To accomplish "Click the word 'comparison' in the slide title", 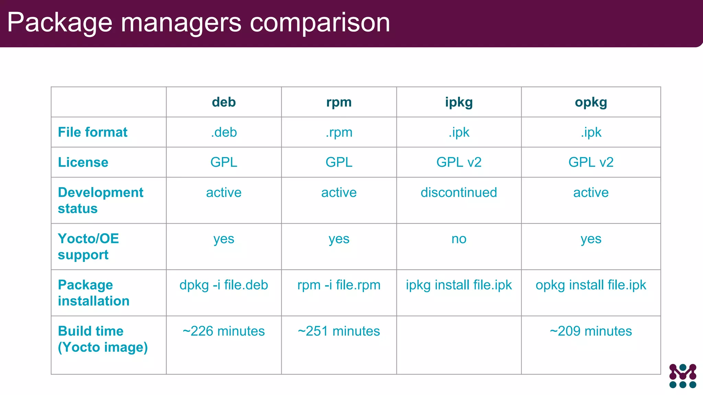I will [x=320, y=23].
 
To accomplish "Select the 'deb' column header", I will [x=224, y=102].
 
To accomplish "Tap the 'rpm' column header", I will [x=339, y=102].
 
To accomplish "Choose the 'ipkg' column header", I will [x=459, y=102].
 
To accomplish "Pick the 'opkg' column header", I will [x=591, y=102].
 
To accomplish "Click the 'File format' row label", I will [x=92, y=132].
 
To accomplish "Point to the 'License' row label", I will [x=83, y=162].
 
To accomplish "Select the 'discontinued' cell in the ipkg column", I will [x=459, y=192].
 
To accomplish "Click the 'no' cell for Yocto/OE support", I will [x=459, y=239].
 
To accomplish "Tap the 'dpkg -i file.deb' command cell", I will [x=224, y=285].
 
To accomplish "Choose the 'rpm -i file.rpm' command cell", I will [x=339, y=285].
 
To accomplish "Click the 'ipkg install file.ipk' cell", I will [x=459, y=285].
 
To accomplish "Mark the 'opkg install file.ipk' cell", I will [x=591, y=285].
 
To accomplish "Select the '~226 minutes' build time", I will [x=224, y=331].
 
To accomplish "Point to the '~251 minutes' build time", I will [x=339, y=331].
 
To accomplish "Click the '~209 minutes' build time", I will [x=591, y=331].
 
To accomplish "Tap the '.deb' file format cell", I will [x=224, y=132].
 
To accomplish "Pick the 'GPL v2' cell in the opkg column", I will [x=591, y=162].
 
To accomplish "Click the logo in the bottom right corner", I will [x=682, y=376].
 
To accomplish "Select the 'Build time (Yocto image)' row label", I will [x=103, y=339].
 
